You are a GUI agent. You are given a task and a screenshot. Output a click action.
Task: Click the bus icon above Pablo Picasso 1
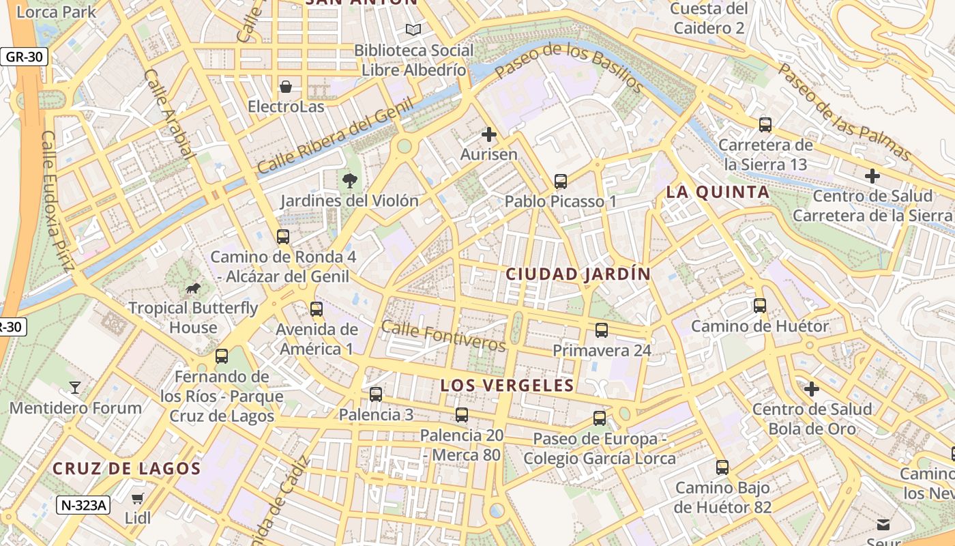click(561, 182)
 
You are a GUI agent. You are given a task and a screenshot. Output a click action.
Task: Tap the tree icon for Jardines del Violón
click(350, 181)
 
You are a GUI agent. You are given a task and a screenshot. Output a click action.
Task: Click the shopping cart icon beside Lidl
click(138, 498)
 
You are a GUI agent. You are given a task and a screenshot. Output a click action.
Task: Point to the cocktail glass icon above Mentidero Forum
click(75, 388)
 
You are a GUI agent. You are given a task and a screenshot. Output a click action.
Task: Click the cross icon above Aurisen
click(489, 134)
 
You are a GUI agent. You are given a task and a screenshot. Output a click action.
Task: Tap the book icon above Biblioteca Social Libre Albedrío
click(413, 29)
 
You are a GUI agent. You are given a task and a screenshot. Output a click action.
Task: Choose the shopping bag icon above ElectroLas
click(286, 87)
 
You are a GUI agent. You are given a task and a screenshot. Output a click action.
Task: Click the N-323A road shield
click(83, 505)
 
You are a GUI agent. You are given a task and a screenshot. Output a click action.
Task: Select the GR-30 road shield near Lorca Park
click(25, 57)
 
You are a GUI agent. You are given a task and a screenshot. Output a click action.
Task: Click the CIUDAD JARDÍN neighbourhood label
click(578, 274)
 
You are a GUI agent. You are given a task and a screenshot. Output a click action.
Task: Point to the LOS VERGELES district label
click(507, 385)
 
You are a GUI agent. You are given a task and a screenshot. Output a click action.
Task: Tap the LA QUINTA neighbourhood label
click(718, 192)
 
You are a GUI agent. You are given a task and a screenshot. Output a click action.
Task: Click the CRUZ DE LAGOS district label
click(127, 469)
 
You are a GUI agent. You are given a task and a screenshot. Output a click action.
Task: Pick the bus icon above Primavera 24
click(602, 330)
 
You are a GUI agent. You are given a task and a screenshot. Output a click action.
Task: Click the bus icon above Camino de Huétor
click(760, 306)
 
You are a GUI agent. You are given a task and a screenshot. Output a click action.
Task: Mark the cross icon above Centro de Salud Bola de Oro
click(812, 389)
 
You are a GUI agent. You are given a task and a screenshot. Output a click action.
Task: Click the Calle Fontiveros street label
click(443, 336)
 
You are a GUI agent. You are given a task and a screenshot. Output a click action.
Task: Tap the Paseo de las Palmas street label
click(844, 113)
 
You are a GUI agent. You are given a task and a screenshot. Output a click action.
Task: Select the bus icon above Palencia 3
click(376, 394)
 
